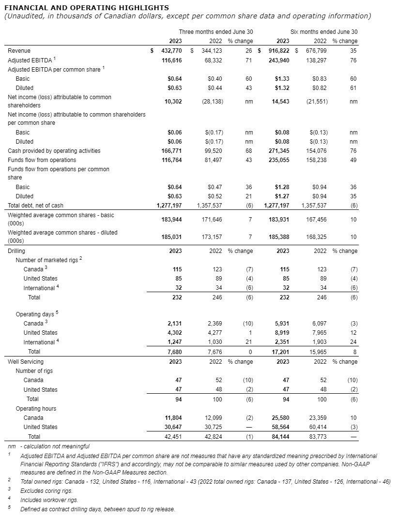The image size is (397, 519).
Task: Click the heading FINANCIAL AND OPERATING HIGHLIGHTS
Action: pos(87,8)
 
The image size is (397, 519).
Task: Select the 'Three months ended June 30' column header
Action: pos(215,32)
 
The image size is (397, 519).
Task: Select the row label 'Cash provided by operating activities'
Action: pos(54,151)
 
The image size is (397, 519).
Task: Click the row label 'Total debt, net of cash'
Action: pos(36,206)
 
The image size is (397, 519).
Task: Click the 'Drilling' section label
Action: pos(16,251)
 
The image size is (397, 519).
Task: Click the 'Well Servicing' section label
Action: pos(26,361)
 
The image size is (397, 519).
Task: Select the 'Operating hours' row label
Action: pos(36,409)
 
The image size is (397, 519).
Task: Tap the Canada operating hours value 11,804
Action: pos(171,417)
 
